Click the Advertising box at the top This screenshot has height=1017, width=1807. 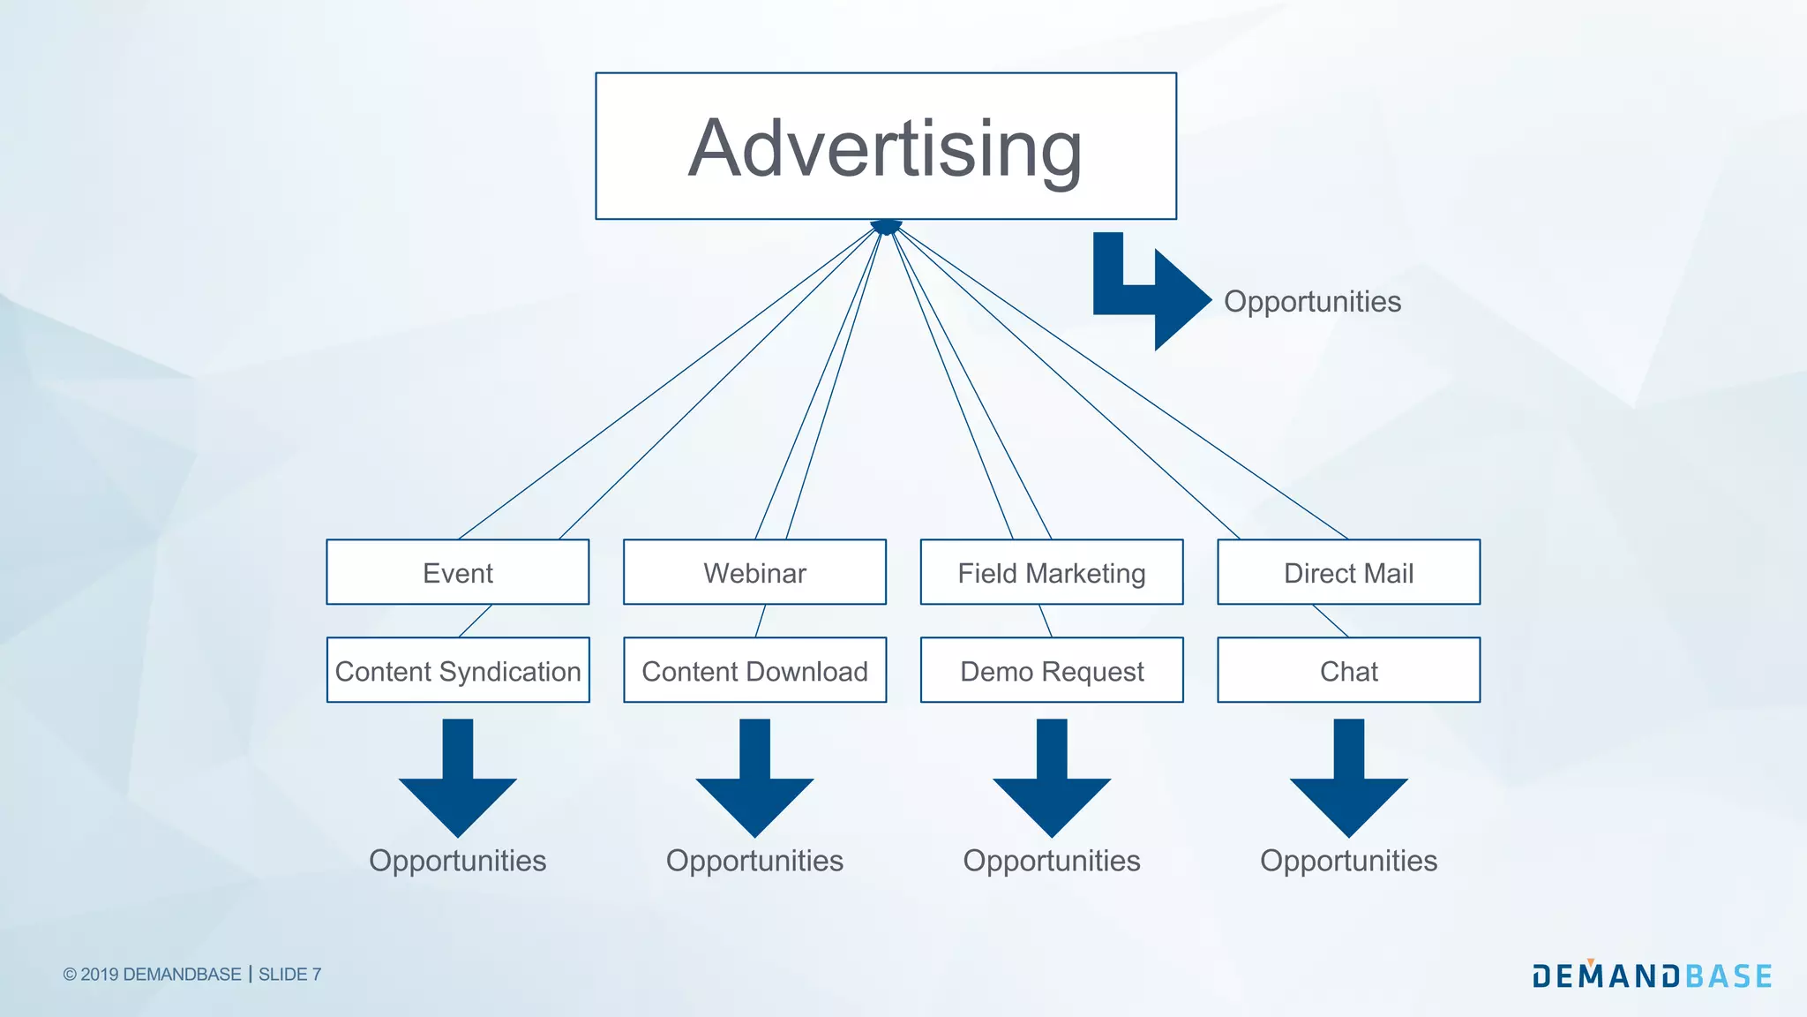coord(885,147)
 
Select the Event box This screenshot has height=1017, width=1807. coord(457,573)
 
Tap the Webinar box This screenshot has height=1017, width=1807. coord(754,573)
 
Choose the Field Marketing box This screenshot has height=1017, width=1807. coord(1051,573)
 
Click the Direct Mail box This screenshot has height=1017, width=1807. coord(1348,573)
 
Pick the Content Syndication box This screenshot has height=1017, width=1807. coord(457,671)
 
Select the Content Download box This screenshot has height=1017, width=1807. coord(754,671)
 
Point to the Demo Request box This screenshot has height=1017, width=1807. coord(1051,671)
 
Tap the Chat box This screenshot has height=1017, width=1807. coord(1348,671)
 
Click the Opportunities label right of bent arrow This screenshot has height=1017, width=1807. coord(1312,302)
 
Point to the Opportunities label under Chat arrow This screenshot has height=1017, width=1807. coord(1348,861)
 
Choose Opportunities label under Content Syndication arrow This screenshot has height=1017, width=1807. coord(457,861)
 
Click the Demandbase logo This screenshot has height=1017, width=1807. coord(1652,976)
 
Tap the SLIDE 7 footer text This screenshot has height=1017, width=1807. coord(289,975)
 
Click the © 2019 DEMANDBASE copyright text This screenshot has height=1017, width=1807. coord(152,975)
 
